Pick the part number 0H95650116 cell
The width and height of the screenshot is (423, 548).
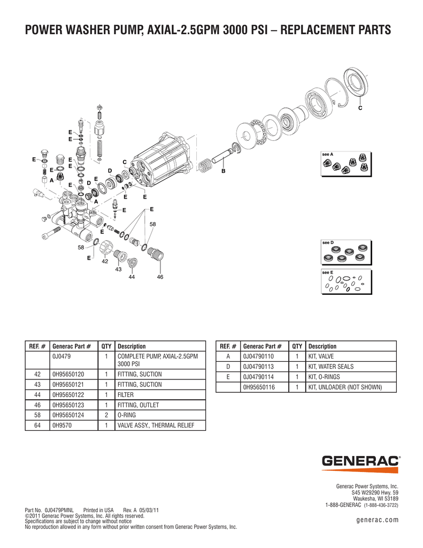[259, 387]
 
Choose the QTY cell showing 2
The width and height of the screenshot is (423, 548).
[106, 415]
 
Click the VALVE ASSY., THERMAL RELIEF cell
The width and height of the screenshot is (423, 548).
[155, 425]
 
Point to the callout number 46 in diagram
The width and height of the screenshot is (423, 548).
[160, 277]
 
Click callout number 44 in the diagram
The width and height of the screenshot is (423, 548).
[131, 278]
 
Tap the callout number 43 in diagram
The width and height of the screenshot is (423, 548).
[118, 269]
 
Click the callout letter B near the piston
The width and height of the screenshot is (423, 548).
[224, 171]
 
